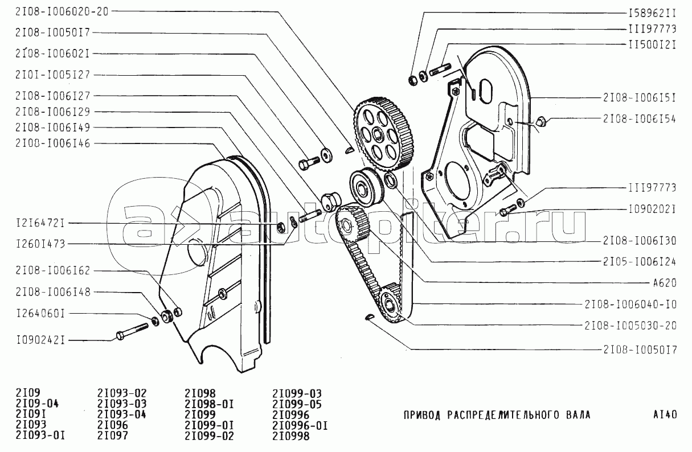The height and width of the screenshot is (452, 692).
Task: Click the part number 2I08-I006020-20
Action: [62, 12]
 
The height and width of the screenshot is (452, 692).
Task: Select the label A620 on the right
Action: [665, 283]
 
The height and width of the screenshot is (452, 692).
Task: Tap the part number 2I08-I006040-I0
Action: [630, 305]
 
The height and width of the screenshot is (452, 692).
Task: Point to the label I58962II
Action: [653, 13]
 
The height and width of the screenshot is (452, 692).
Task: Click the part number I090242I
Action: [40, 340]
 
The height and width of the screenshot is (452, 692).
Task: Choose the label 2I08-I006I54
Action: [640, 119]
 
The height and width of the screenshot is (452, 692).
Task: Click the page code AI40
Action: [665, 414]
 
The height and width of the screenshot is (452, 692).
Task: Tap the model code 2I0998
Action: [290, 435]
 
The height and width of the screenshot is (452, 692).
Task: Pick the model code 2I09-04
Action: [37, 403]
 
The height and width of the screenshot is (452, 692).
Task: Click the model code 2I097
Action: [112, 435]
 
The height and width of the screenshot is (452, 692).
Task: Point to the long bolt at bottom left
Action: [132, 331]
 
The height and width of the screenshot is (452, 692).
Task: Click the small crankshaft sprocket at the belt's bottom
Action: [390, 303]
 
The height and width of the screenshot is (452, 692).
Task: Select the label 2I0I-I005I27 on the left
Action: [52, 75]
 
